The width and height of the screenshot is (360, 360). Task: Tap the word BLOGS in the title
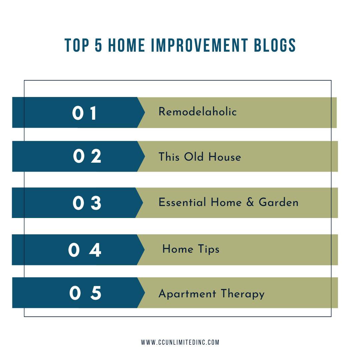tap(275, 45)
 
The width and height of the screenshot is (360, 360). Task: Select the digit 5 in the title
tap(98, 45)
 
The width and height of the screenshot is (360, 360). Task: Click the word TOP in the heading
tap(77, 45)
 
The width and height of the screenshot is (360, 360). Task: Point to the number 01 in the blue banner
tap(84, 113)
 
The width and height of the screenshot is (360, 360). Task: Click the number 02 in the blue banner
tap(87, 156)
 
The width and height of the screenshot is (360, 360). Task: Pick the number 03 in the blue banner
tap(87, 203)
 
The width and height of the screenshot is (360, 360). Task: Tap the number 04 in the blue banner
tap(84, 250)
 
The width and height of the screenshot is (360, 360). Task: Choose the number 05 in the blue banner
tap(85, 293)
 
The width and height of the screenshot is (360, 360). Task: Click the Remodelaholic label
tap(197, 112)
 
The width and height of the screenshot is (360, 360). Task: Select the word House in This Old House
tap(225, 157)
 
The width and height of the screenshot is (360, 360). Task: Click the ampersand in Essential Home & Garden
tap(250, 202)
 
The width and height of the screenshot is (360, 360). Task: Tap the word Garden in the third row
tap(278, 202)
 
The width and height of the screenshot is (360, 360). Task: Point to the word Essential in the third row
tap(182, 202)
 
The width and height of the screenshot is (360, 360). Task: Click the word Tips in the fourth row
tap(209, 249)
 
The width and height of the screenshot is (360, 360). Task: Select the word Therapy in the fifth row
tap(243, 294)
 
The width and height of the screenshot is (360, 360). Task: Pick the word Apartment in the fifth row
tap(187, 294)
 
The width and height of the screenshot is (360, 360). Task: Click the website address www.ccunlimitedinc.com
tap(180, 342)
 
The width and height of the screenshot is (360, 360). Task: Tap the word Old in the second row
tap(194, 157)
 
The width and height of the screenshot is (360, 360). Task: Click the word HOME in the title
tap(127, 45)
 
